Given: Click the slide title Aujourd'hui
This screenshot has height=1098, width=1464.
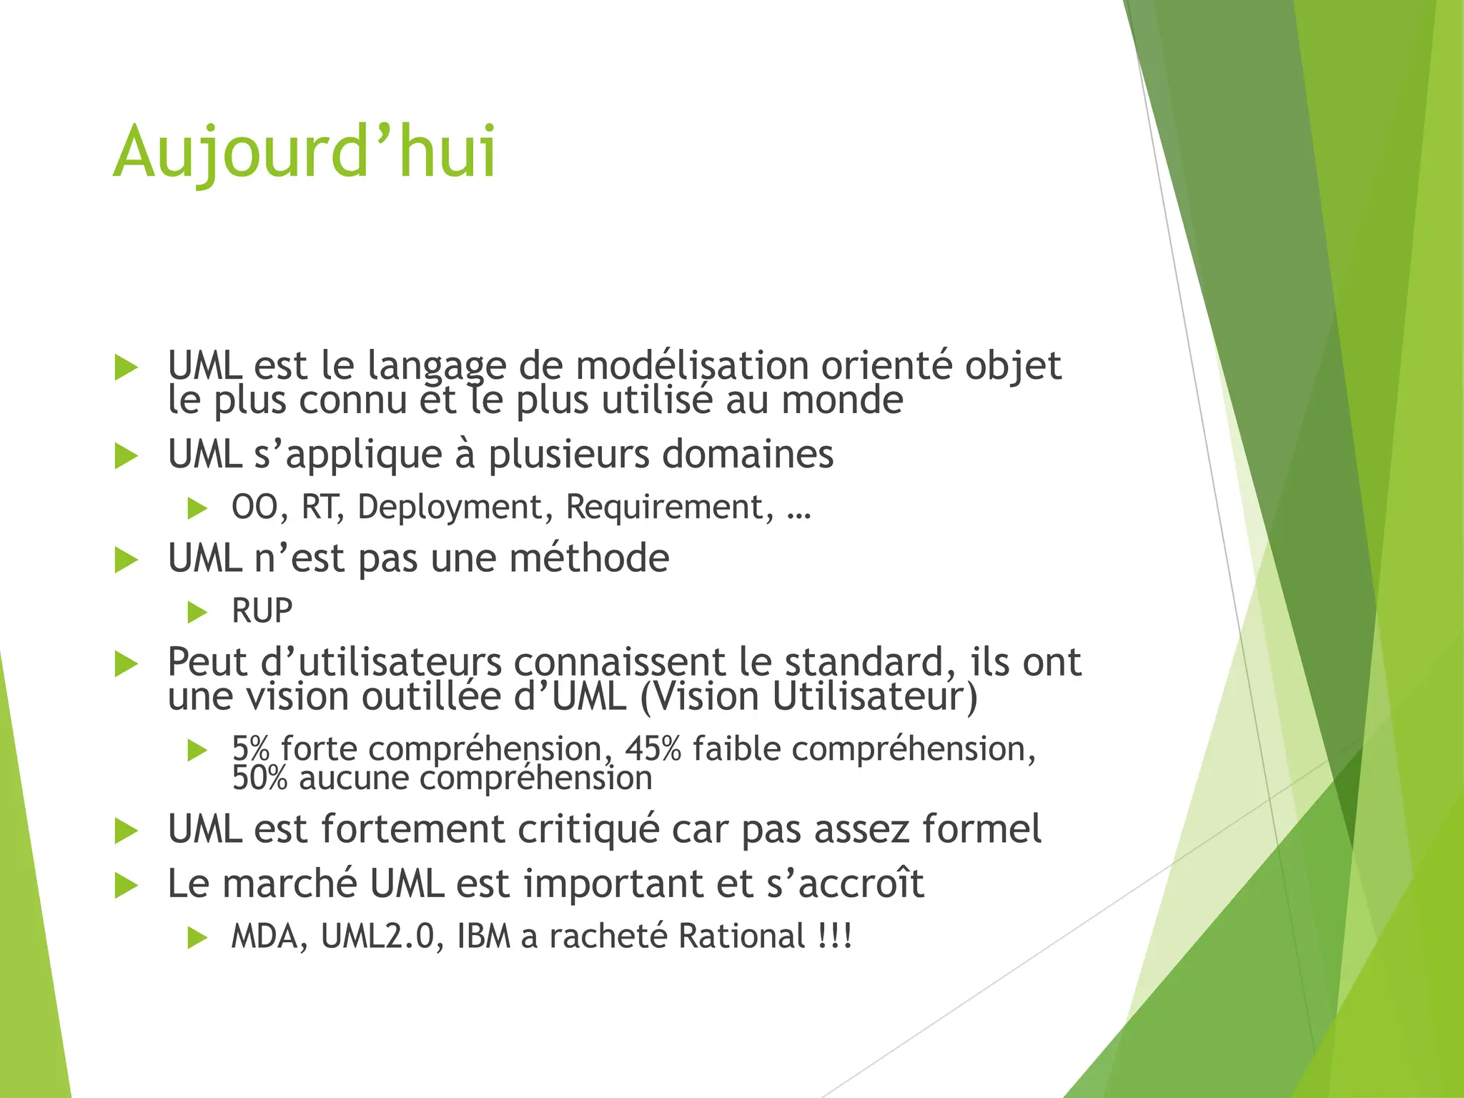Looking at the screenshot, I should (305, 152).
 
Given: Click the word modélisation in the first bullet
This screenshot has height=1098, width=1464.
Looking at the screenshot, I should (692, 365).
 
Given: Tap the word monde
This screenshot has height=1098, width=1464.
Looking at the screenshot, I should (842, 400).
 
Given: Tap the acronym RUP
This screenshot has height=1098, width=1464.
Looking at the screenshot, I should (262, 611).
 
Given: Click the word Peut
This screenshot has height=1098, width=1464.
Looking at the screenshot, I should (207, 662).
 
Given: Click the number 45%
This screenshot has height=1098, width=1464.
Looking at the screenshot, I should (653, 749).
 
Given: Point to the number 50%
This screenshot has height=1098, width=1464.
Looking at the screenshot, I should (259, 778).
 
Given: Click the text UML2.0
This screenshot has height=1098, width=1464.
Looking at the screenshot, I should (377, 936).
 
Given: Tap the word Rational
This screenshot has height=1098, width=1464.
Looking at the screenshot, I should (742, 936).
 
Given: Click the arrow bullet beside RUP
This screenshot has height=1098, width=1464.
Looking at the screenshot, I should (197, 612).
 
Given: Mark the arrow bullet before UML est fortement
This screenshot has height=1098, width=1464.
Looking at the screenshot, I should (127, 831).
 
